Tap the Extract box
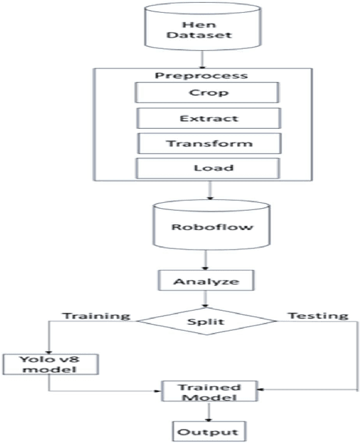pyautogui.click(x=207, y=118)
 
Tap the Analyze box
pyautogui.click(x=208, y=280)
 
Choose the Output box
pyautogui.click(x=207, y=430)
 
